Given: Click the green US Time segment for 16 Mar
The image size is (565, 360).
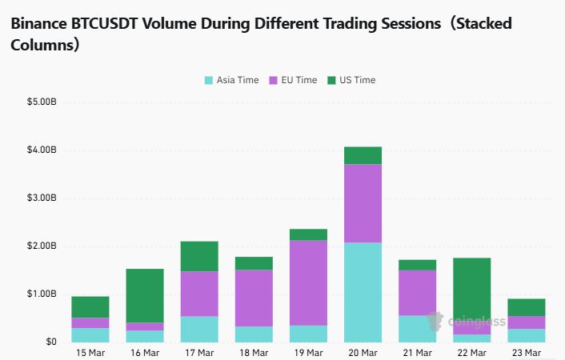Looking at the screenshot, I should click(145, 295).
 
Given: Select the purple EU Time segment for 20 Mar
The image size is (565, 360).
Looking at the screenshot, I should click(363, 203).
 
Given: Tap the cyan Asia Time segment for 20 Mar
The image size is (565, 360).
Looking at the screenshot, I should click(363, 292).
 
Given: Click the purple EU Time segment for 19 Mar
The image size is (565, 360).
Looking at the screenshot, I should click(308, 282).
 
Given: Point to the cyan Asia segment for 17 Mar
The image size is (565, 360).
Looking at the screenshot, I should click(199, 329).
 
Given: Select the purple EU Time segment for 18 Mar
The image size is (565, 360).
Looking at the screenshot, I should click(254, 298).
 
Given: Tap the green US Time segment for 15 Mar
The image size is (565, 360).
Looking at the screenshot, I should click(90, 307).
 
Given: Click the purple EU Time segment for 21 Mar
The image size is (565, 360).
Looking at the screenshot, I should click(417, 293).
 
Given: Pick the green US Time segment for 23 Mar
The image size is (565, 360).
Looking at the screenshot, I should click(526, 307).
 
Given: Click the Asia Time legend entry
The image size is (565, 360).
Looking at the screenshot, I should click(232, 80).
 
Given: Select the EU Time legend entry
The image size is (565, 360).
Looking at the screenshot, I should click(293, 80).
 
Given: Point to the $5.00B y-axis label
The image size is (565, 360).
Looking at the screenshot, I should click(42, 102).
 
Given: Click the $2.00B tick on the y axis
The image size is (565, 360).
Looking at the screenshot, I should click(42, 246).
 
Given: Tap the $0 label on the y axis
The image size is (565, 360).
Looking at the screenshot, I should click(50, 342).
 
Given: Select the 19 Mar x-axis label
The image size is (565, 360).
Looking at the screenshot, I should click(308, 353).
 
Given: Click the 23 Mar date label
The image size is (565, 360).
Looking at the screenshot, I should click(526, 353).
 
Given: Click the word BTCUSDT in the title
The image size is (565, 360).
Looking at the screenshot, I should click(103, 23).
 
